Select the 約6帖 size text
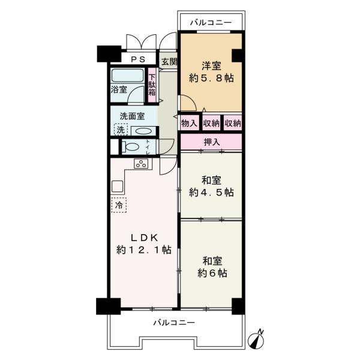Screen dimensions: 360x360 211,272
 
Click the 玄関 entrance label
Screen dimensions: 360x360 169,61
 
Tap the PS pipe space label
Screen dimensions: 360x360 139,60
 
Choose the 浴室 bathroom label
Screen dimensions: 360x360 119,90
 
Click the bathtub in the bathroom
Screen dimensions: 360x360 127,76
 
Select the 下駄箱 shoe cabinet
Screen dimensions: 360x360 152,85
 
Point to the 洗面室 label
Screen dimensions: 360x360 131,116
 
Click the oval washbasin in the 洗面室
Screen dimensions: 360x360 143,131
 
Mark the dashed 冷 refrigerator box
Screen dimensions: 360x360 119,205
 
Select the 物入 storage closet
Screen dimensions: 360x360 189,122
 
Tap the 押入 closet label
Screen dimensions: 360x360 211,142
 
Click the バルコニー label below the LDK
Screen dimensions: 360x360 173,322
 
